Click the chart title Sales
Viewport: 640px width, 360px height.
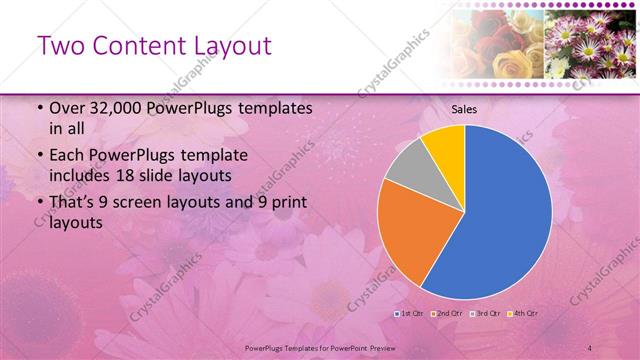(464, 109)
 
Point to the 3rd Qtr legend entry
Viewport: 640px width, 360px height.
(486, 313)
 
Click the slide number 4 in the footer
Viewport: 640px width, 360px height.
(591, 347)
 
